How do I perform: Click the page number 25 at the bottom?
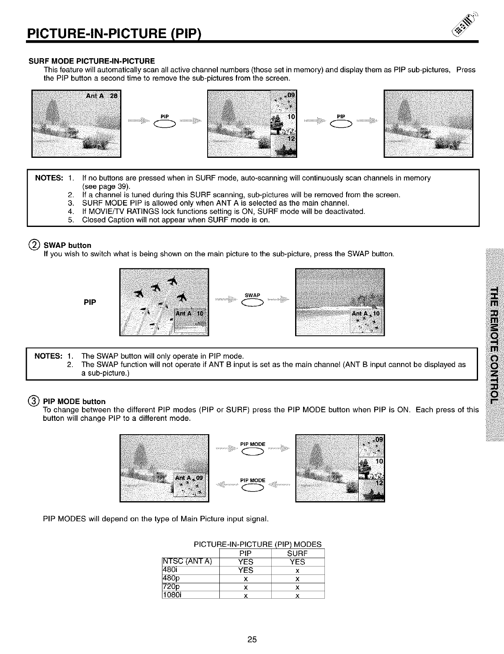(x=252, y=639)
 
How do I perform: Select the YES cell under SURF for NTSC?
(x=298, y=562)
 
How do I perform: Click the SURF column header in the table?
(x=298, y=553)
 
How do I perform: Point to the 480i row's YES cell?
(x=246, y=570)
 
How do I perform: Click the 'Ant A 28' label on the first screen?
(x=102, y=95)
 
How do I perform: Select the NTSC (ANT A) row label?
(x=188, y=562)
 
